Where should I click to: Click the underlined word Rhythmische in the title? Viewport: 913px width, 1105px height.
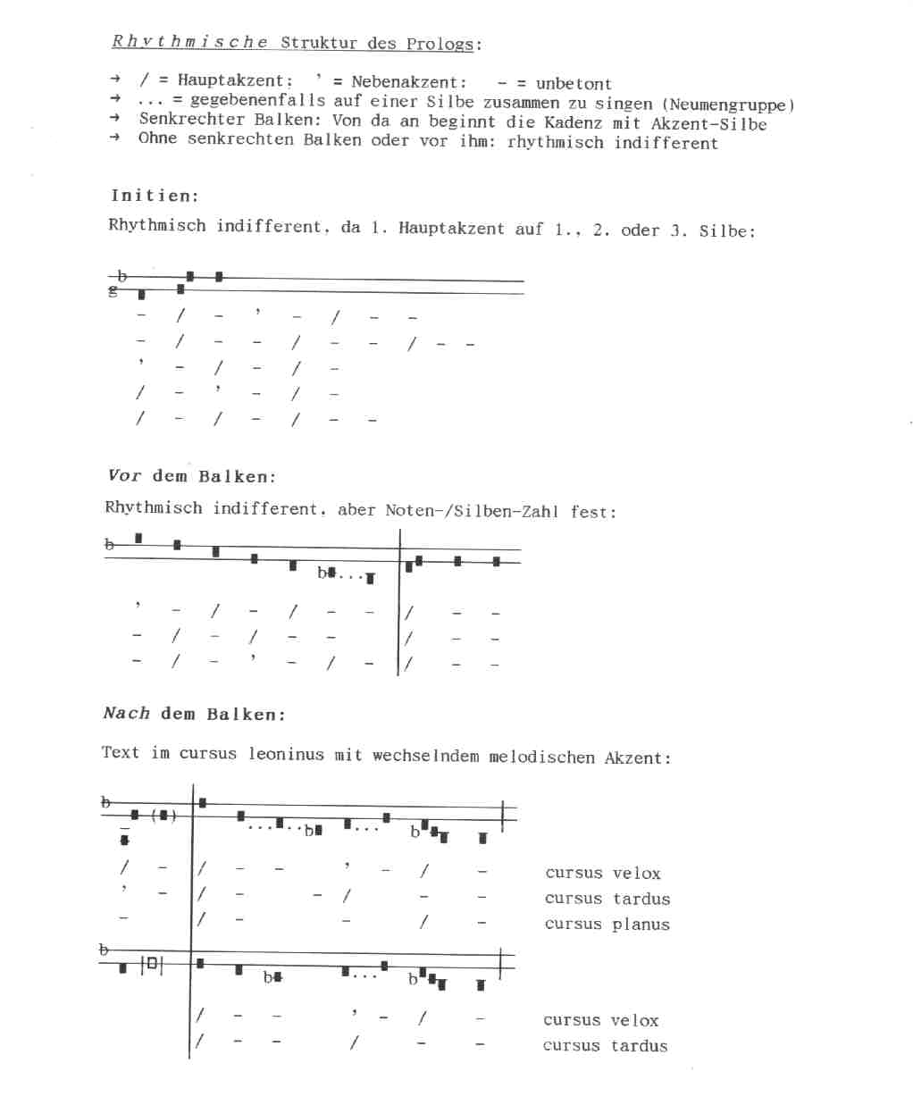pyautogui.click(x=189, y=41)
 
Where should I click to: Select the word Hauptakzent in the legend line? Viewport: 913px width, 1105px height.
pyautogui.click(x=230, y=81)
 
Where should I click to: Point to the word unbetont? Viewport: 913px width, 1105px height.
pyautogui.click(x=574, y=84)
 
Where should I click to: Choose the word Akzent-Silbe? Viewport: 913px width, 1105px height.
pyautogui.click(x=708, y=124)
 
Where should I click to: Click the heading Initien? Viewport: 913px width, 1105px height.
pyautogui.click(x=155, y=196)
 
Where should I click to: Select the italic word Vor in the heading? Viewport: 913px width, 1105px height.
pyautogui.click(x=124, y=475)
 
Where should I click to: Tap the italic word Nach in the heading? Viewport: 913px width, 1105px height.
pyautogui.click(x=126, y=713)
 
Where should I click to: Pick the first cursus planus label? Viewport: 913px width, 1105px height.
pyautogui.click(x=607, y=925)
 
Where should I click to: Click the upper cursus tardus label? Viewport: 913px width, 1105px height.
pyautogui.click(x=607, y=899)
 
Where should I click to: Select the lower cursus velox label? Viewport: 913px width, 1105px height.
pyautogui.click(x=600, y=1020)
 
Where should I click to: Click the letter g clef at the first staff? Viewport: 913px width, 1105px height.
pyautogui.click(x=113, y=291)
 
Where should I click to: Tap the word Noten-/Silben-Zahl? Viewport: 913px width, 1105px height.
pyautogui.click(x=471, y=511)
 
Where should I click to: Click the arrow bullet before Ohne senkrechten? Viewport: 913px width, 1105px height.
pyautogui.click(x=114, y=137)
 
